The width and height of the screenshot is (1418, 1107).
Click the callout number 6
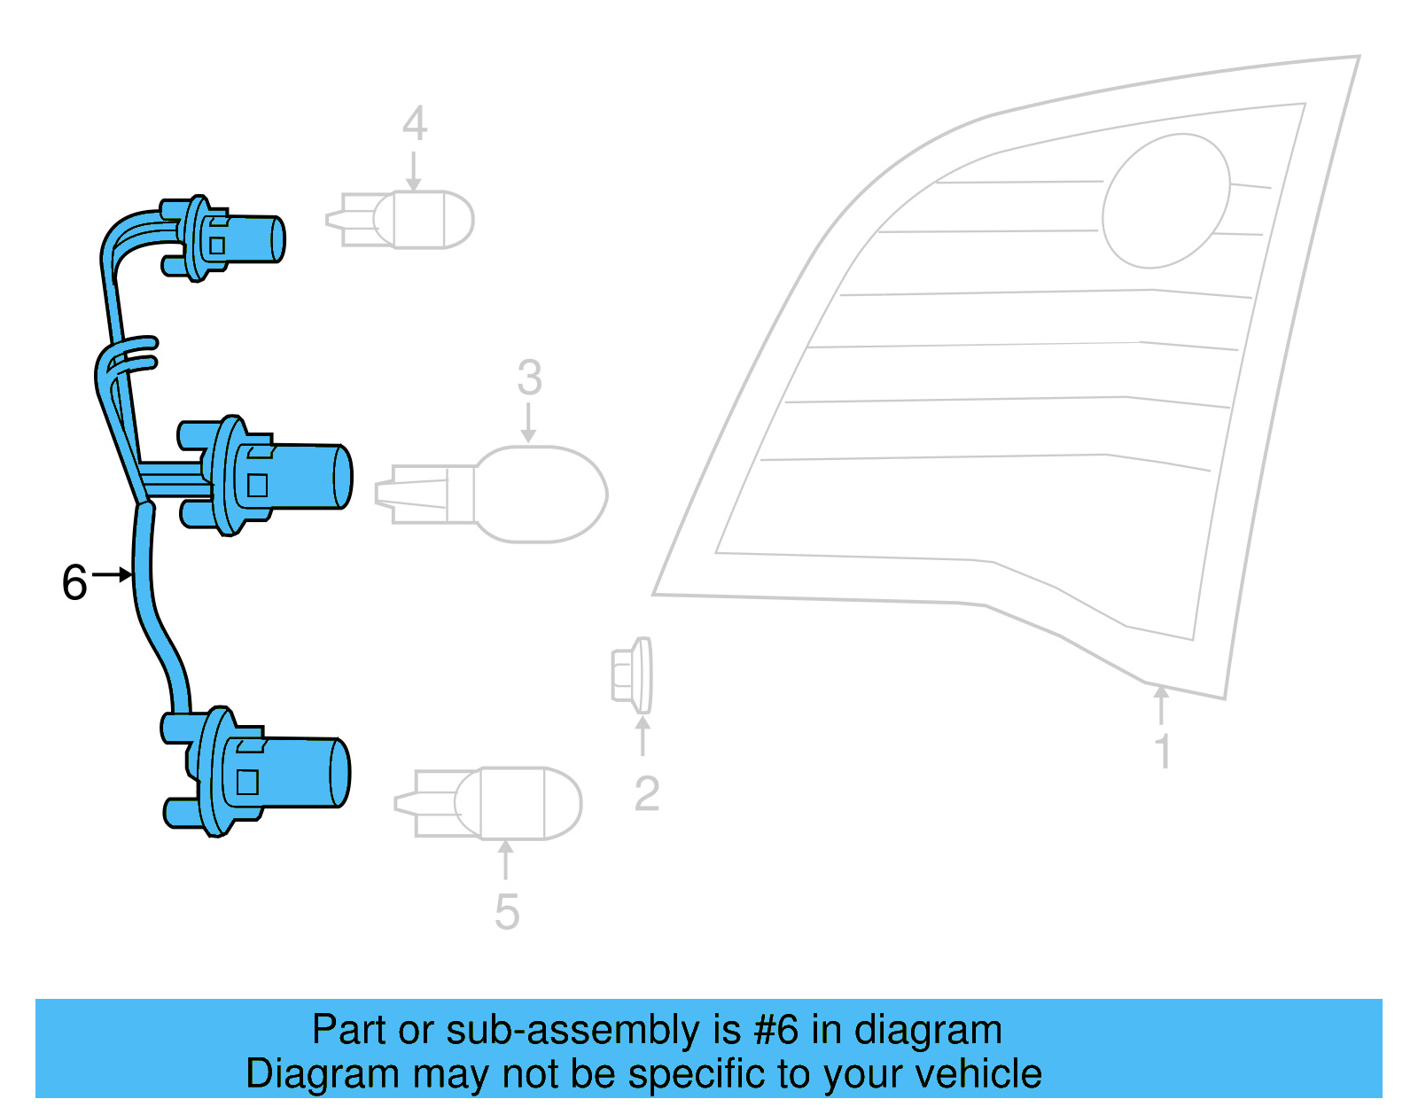pos(74,583)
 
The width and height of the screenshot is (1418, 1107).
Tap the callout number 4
pos(414,124)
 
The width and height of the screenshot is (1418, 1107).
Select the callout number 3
pos(529,378)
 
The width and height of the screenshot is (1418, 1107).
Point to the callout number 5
pos(506,912)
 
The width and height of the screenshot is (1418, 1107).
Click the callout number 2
pos(646,793)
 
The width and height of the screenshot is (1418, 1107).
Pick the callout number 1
pos(1163,752)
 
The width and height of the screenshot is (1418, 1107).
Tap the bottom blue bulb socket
pos(266,773)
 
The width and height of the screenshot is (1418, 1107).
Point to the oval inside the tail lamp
pos(1165,201)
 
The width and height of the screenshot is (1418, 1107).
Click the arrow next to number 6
pos(113,575)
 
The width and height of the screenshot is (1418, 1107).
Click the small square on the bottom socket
pos(247,782)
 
